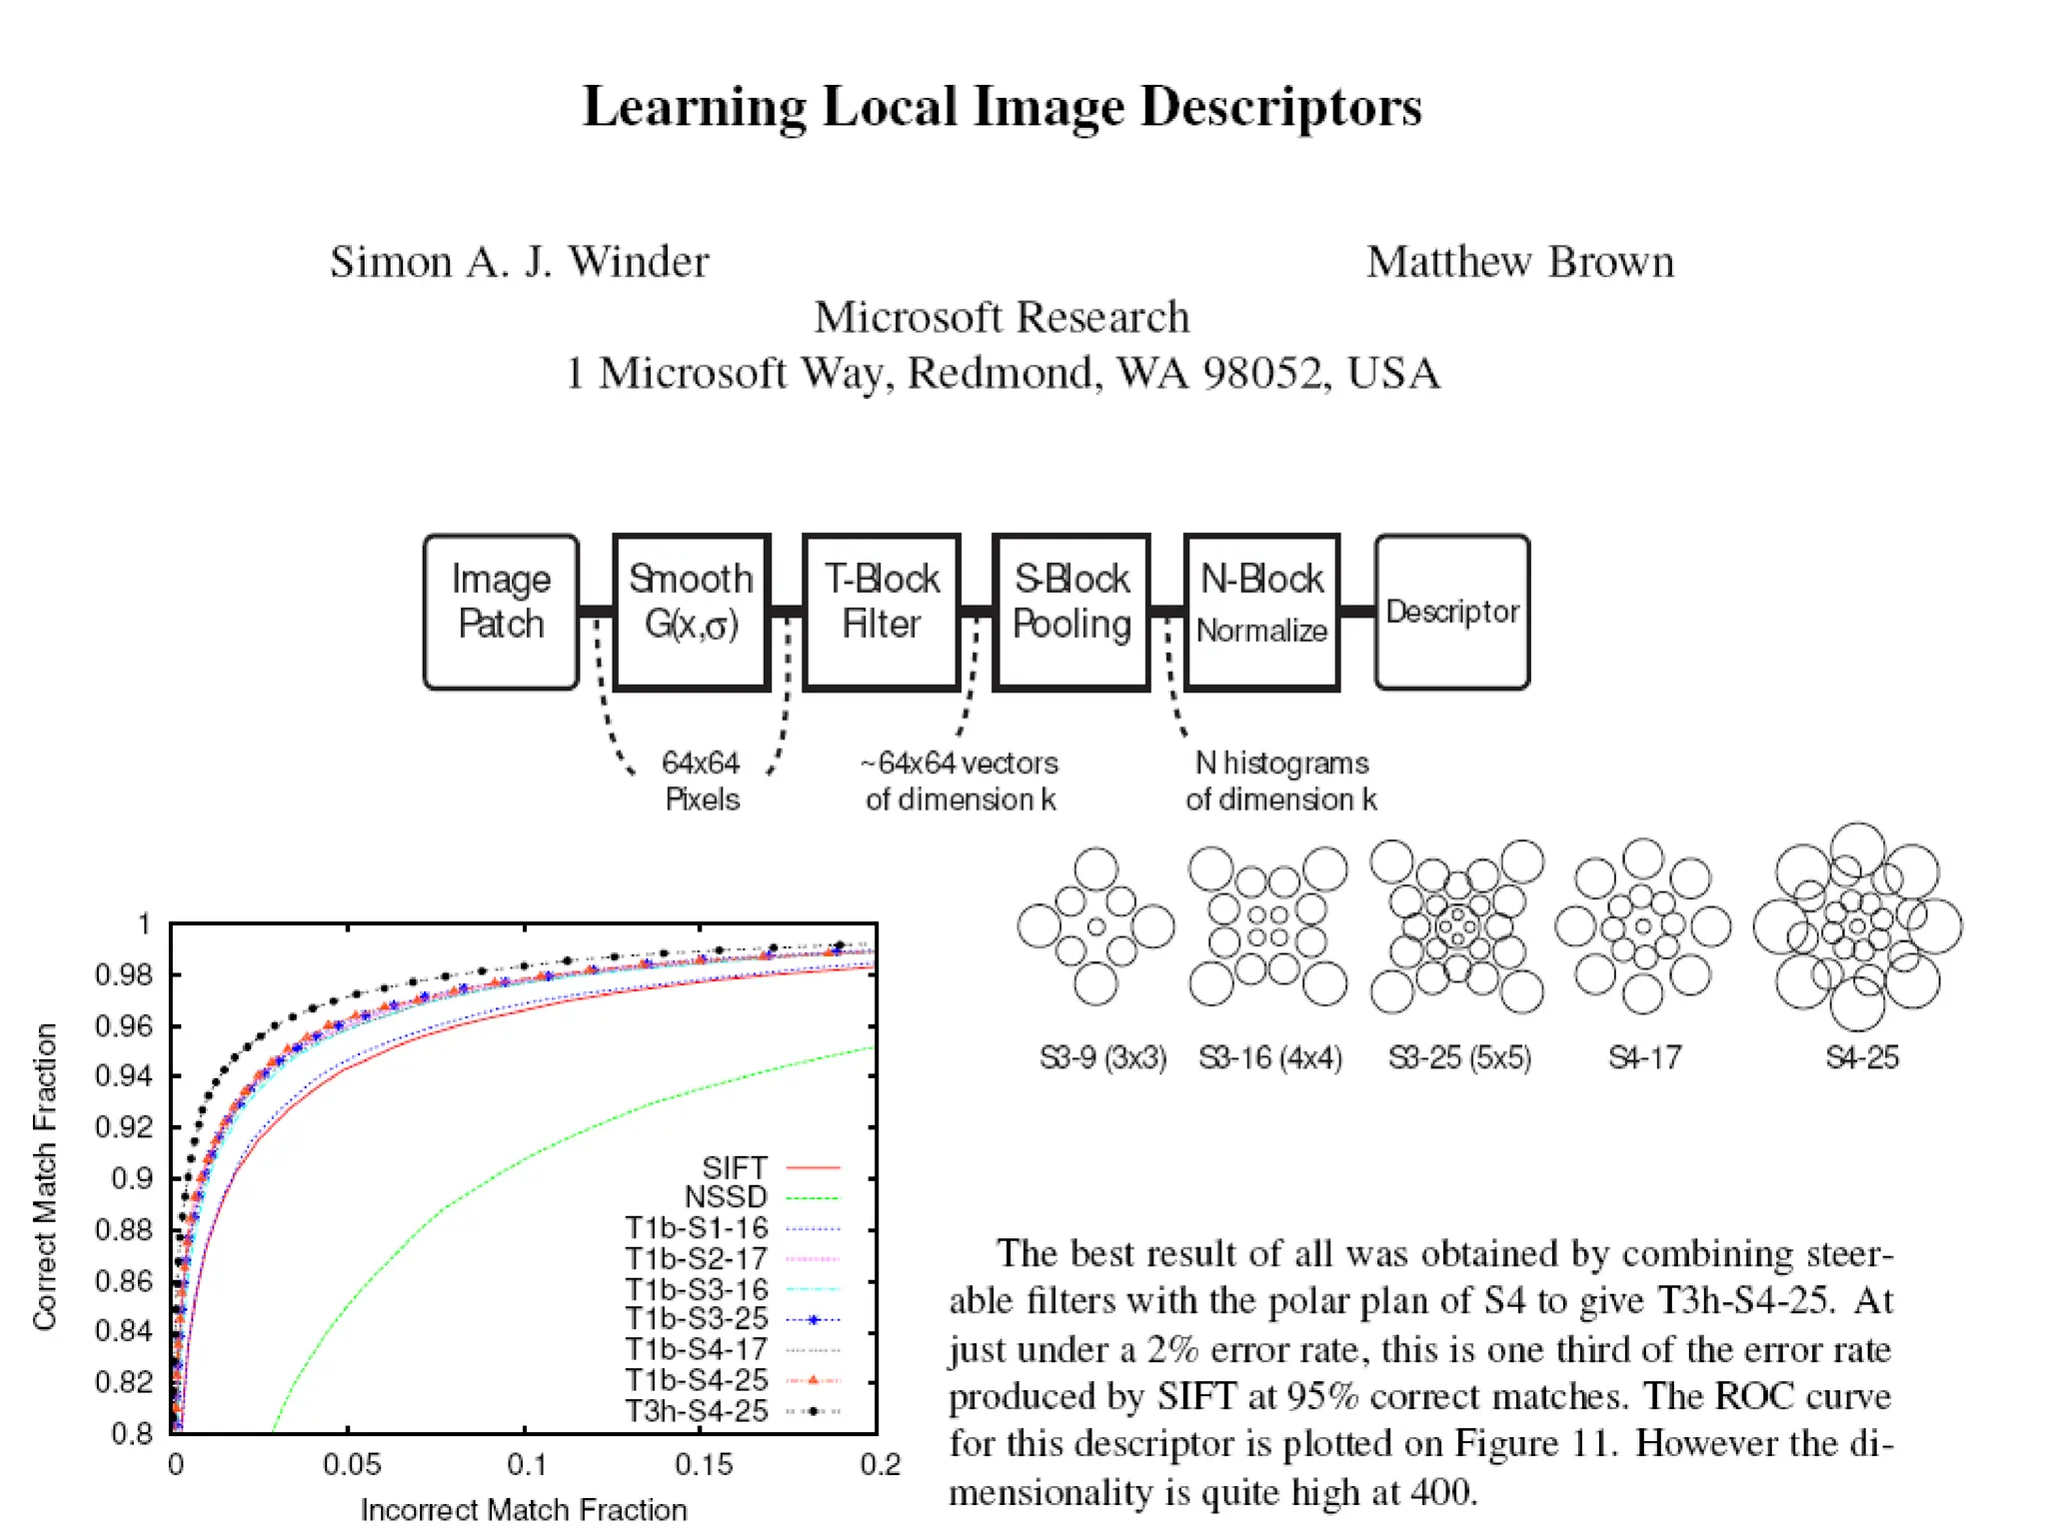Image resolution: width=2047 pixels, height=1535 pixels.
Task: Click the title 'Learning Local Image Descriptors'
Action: click(1002, 106)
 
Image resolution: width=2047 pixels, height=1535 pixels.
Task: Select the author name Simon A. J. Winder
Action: click(519, 262)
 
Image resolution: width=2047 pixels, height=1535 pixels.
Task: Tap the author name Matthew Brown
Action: click(1519, 262)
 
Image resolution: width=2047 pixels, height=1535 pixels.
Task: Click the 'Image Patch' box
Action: click(501, 612)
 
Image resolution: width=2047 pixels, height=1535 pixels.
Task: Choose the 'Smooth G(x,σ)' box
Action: click(691, 612)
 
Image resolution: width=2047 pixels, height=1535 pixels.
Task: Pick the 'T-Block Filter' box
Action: click(882, 612)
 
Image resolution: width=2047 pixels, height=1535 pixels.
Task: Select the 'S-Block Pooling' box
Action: click(1071, 612)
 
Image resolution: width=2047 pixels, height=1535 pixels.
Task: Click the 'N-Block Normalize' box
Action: click(1261, 612)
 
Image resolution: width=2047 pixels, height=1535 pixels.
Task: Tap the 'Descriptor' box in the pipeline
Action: click(1452, 612)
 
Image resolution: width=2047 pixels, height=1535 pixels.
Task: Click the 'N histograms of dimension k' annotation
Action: click(1281, 781)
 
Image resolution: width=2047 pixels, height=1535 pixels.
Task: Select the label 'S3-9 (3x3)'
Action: click(1102, 1057)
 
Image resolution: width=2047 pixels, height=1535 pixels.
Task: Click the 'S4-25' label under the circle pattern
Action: click(1861, 1057)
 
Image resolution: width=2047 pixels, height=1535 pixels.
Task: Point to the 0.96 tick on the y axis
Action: click(124, 1026)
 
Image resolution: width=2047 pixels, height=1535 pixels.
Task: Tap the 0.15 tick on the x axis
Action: click(704, 1465)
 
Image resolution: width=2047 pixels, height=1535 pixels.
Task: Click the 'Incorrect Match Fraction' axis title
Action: click(524, 1510)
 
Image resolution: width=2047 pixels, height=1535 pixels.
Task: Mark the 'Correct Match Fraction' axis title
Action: click(45, 1177)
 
